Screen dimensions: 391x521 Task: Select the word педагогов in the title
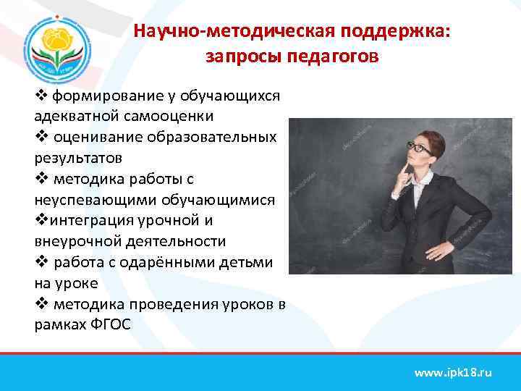(334, 56)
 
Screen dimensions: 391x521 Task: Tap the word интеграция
(88, 220)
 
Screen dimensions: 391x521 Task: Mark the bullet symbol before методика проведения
(41, 304)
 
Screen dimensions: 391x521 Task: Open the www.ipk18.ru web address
(452, 372)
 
